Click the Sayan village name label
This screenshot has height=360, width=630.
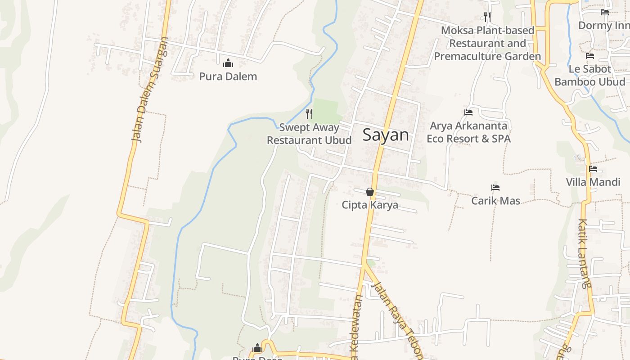point(386,135)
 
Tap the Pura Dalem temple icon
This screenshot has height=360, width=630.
point(228,63)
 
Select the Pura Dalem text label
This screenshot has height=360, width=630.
point(228,76)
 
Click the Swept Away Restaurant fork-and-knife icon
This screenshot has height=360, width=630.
point(309,113)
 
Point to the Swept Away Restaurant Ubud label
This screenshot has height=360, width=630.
point(309,134)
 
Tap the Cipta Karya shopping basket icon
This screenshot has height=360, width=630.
point(370,192)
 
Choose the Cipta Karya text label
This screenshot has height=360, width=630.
point(370,205)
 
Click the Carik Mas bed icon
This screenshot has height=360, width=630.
point(495,188)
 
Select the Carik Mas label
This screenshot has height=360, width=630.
point(495,201)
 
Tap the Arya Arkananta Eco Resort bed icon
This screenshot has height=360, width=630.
point(468,112)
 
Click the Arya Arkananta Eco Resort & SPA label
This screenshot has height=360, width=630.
point(468,132)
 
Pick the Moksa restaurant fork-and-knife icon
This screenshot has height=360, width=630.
point(487,17)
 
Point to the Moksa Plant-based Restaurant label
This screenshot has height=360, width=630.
point(487,43)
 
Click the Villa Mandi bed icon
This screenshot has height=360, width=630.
point(593,169)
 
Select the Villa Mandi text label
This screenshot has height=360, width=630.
point(593,182)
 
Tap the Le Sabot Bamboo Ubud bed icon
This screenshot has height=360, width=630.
point(590,56)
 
